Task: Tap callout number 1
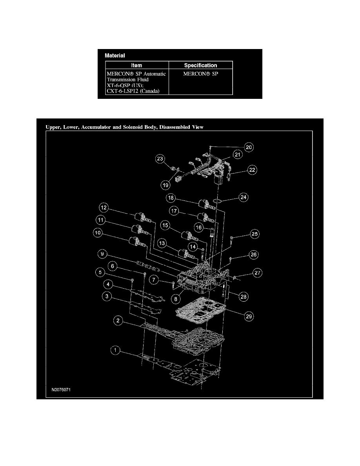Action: [x=115, y=351]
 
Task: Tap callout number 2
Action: [x=118, y=320]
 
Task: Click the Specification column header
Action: [x=200, y=65]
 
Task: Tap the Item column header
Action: [x=136, y=65]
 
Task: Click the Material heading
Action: [x=115, y=56]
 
